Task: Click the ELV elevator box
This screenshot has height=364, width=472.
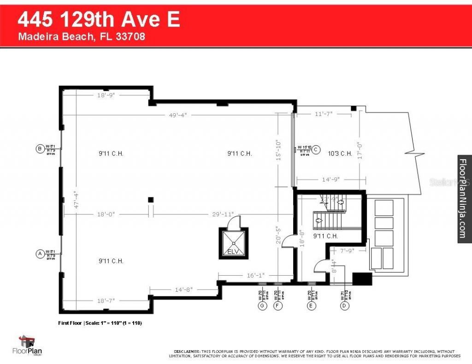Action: pyautogui.click(x=233, y=243)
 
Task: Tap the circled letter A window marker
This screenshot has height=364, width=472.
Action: pyautogui.click(x=40, y=253)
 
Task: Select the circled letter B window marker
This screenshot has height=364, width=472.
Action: pyautogui.click(x=40, y=148)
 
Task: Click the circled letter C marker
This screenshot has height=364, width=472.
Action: pyautogui.click(x=316, y=150)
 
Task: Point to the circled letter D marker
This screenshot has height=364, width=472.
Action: pyautogui.click(x=343, y=305)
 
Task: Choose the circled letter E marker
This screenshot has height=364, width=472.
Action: pyautogui.click(x=311, y=305)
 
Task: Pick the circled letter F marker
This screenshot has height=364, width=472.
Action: pyautogui.click(x=277, y=305)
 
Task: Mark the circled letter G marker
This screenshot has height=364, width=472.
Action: pyautogui.click(x=262, y=305)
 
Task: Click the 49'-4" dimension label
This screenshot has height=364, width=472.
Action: pyautogui.click(x=177, y=115)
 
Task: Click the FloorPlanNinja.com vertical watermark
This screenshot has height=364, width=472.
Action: pyautogui.click(x=463, y=198)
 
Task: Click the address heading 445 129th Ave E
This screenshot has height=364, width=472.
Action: pyautogui.click(x=98, y=20)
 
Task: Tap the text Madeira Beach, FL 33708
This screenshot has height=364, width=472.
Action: pyautogui.click(x=82, y=37)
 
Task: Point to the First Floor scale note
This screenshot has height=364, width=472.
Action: pyautogui.click(x=100, y=323)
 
